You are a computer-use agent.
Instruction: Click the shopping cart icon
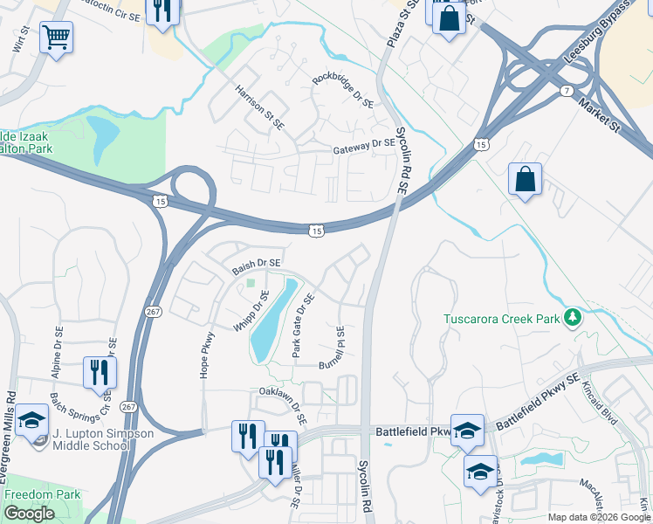pyautogui.click(x=56, y=38)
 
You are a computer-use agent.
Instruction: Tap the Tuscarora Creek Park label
pyautogui.click(x=501, y=319)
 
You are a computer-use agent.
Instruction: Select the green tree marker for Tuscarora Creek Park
pyautogui.click(x=573, y=317)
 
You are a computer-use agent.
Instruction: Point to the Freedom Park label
pyautogui.click(x=42, y=494)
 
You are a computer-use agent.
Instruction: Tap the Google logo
pyautogui.click(x=29, y=514)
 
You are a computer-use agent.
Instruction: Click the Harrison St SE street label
pyautogui.click(x=260, y=107)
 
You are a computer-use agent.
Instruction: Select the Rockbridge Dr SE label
pyautogui.click(x=342, y=89)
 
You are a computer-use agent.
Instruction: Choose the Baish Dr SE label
pyautogui.click(x=256, y=265)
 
